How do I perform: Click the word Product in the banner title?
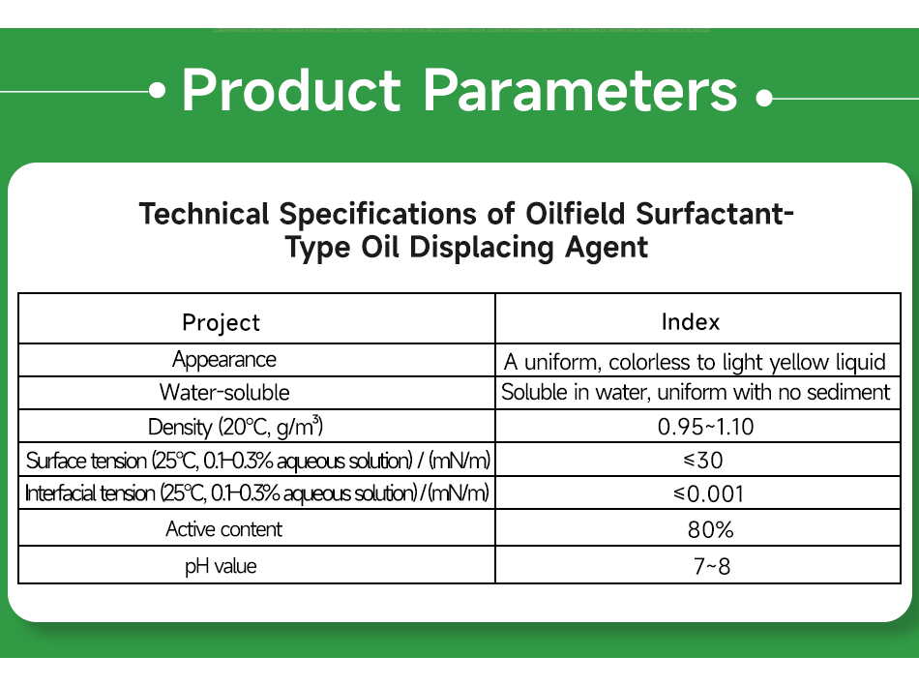(x=290, y=91)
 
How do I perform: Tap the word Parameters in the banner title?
(x=580, y=91)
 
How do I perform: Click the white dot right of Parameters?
(x=764, y=98)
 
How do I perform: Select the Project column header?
(x=222, y=322)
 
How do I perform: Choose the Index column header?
(x=690, y=322)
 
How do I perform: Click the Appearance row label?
(x=224, y=360)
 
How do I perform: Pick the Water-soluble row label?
(x=224, y=393)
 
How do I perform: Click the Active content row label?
(x=224, y=529)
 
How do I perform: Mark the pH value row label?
(x=221, y=565)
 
